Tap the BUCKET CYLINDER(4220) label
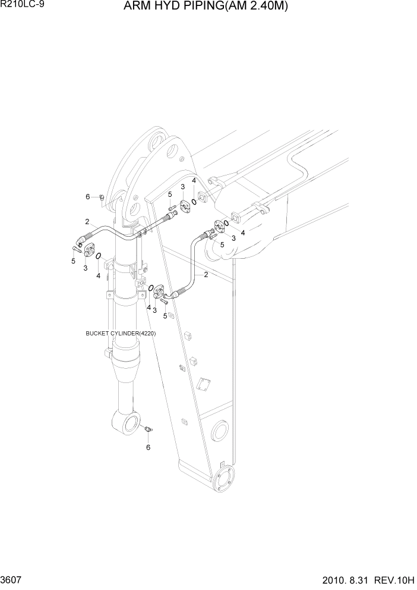click(x=121, y=334)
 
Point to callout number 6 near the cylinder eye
click(x=148, y=447)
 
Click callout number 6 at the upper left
click(x=87, y=197)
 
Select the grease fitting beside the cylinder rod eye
click(x=148, y=428)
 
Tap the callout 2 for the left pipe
click(x=87, y=221)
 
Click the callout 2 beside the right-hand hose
click(x=206, y=275)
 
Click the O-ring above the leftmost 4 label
click(x=99, y=256)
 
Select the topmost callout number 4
click(x=194, y=181)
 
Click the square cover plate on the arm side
click(x=202, y=200)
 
